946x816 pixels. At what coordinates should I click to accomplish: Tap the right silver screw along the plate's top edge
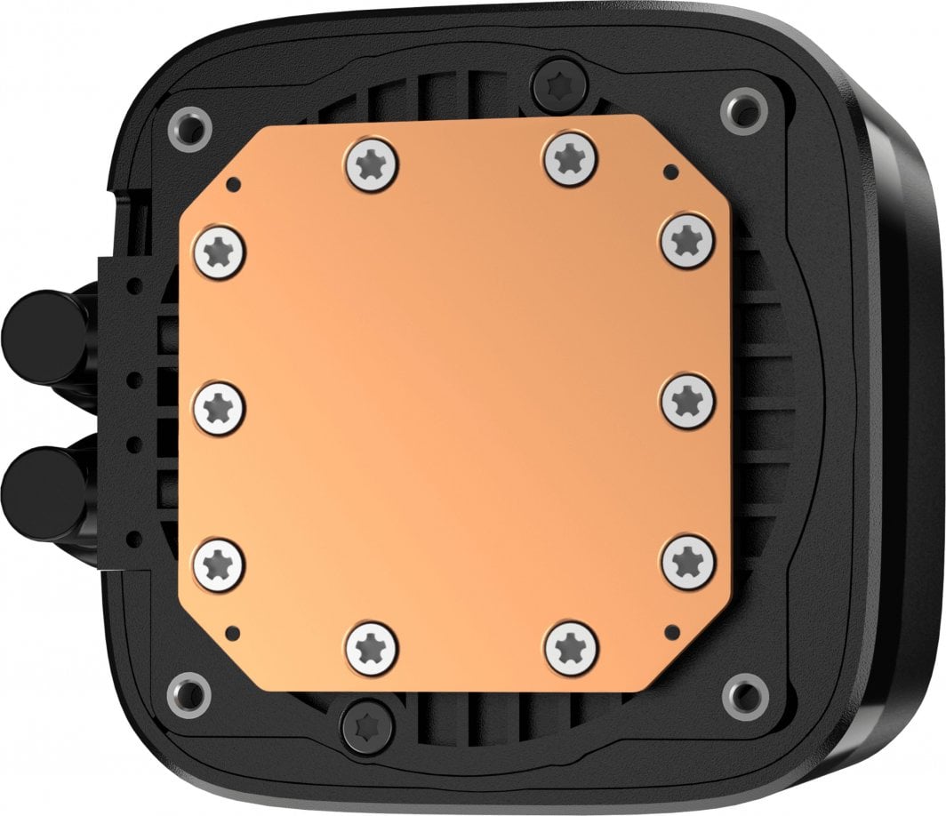[x=570, y=158]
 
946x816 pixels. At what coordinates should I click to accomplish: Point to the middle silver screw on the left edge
[x=219, y=407]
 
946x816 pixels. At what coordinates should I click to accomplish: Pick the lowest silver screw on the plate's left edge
[x=219, y=560]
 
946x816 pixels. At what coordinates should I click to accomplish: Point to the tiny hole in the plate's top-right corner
[x=669, y=171]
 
